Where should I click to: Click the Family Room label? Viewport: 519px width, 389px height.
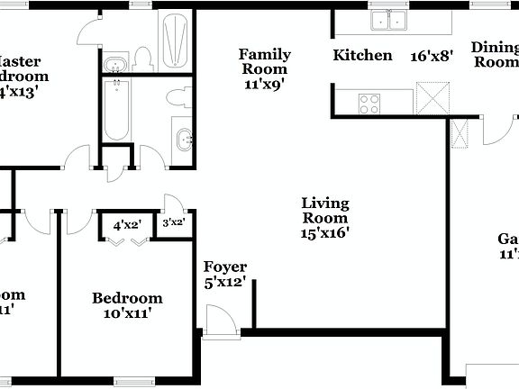pyautogui.click(x=264, y=61)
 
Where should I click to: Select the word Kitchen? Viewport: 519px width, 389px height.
pyautogui.click(x=363, y=55)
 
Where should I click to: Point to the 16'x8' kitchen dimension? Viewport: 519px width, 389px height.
pyautogui.click(x=431, y=55)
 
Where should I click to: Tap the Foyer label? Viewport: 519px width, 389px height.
pyautogui.click(x=225, y=267)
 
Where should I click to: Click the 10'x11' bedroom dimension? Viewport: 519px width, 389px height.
pyautogui.click(x=127, y=313)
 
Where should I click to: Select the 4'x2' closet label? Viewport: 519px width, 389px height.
pyautogui.click(x=127, y=225)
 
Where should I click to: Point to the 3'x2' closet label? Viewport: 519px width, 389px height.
pyautogui.click(x=173, y=222)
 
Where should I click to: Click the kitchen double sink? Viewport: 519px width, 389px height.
pyautogui.click(x=389, y=20)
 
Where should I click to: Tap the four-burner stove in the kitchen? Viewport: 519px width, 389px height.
pyautogui.click(x=369, y=103)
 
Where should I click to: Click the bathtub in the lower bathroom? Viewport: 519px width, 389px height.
pyautogui.click(x=116, y=111)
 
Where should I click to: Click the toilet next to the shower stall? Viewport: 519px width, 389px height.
pyautogui.click(x=142, y=59)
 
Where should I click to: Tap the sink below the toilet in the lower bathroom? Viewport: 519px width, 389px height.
pyautogui.click(x=183, y=139)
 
